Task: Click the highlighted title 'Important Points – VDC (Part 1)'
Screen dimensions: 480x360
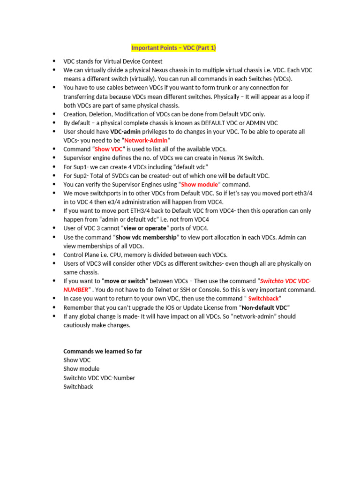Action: click(173, 48)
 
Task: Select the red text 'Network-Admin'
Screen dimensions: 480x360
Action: click(146, 141)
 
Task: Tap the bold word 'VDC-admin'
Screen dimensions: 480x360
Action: click(125, 132)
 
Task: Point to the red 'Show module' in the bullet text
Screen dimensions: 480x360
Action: click(199, 184)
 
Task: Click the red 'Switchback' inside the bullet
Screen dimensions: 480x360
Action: click(263, 299)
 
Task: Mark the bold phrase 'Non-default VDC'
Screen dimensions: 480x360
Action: click(264, 307)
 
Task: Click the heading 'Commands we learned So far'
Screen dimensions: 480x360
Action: click(103, 351)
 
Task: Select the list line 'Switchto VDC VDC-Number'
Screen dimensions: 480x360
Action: click(99, 378)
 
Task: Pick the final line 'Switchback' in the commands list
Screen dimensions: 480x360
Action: click(78, 387)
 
